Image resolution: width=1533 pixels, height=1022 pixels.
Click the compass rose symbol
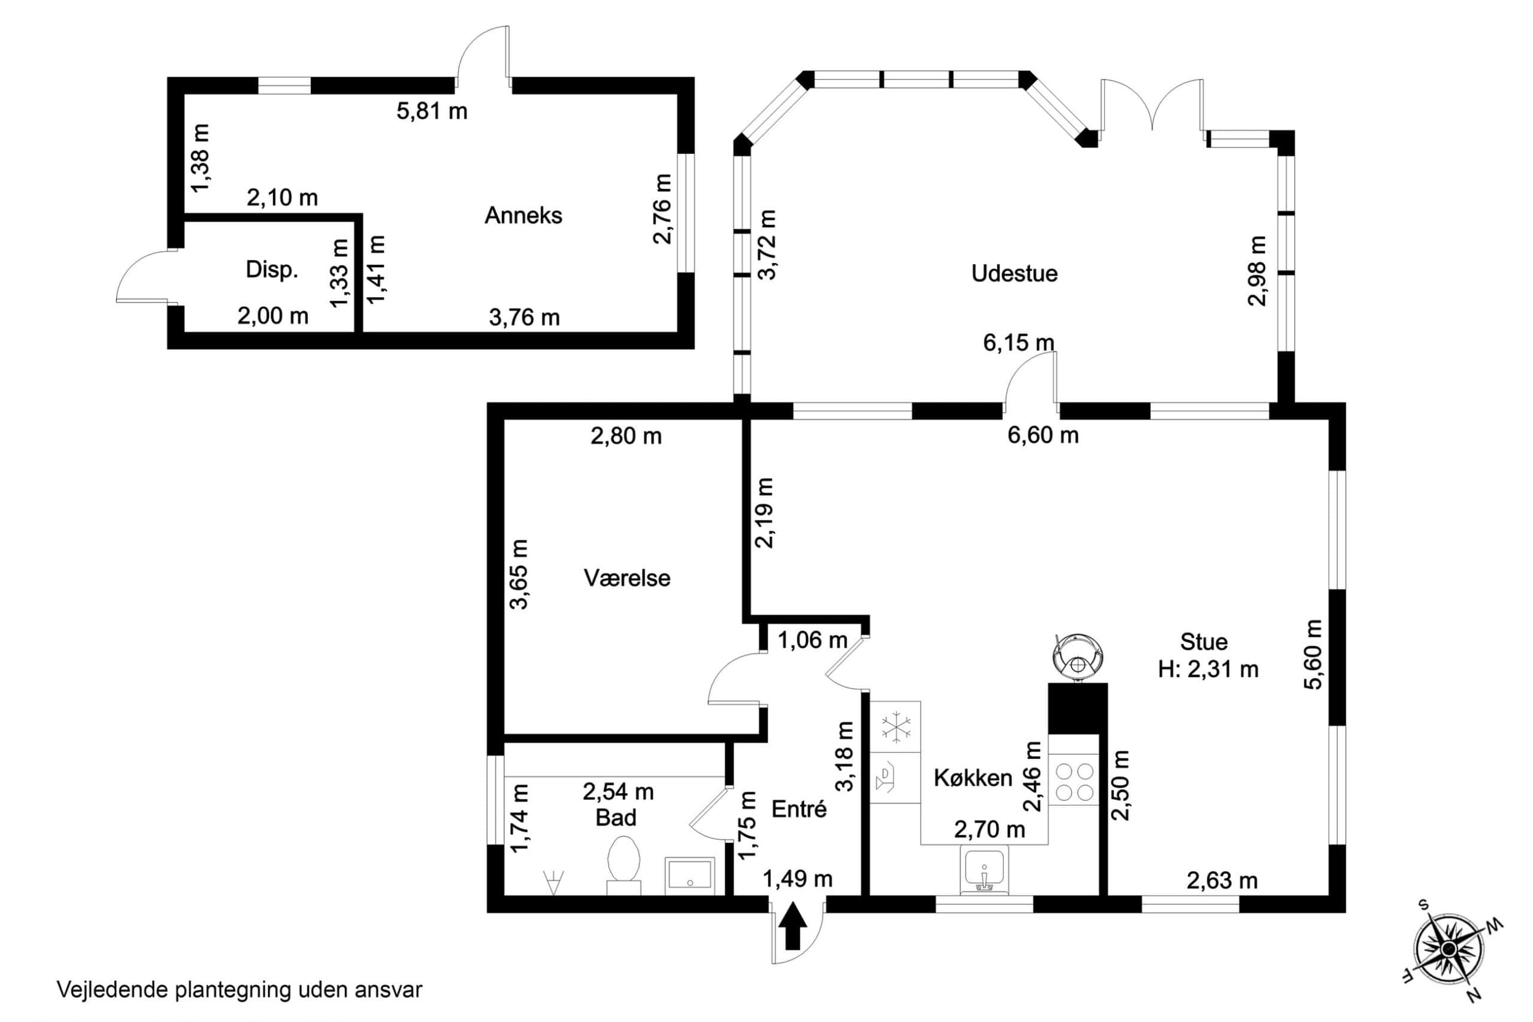pos(1447,948)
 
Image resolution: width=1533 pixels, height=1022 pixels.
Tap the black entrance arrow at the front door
pos(792,926)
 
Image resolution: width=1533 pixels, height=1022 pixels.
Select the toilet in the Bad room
pos(623,865)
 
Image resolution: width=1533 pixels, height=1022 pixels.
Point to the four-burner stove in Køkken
pos(1074,782)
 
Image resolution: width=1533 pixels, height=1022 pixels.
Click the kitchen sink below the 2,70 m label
pos(984,870)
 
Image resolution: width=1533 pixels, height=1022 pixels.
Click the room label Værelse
pos(627,578)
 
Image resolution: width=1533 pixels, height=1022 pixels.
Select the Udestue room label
pos(1014,273)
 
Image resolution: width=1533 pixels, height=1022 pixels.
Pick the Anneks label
pos(523,216)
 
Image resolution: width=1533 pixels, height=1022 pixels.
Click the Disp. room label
pos(272,270)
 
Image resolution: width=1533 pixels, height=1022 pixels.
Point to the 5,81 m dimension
pos(432,111)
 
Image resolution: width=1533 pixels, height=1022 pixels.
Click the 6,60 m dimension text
pos(1043,436)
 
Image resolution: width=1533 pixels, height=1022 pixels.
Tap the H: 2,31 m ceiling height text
pos(1208,669)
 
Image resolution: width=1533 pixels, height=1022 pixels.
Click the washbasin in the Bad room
pos(689,875)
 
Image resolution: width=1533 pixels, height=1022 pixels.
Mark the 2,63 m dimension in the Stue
pos(1222,881)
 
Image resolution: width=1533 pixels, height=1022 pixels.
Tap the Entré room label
pos(799,809)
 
